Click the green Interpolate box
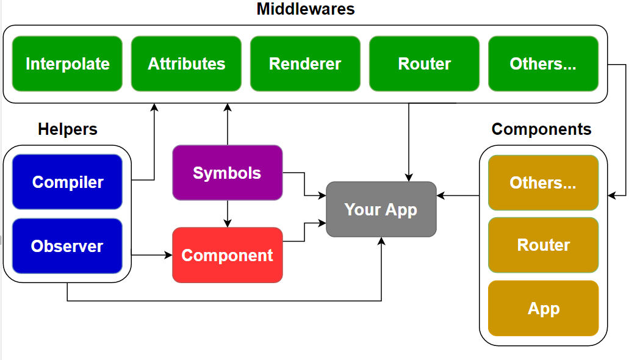[x=67, y=63]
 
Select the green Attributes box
[x=186, y=63]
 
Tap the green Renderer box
[x=305, y=63]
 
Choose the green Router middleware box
[x=424, y=63]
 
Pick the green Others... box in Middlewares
[x=543, y=63]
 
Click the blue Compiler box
[x=67, y=182]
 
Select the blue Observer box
[x=67, y=246]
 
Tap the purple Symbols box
[x=227, y=173]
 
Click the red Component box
[x=227, y=255]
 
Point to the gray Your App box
[x=381, y=209]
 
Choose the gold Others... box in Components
[x=543, y=182]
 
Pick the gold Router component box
[x=543, y=245]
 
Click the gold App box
[x=543, y=308]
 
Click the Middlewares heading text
[x=305, y=9]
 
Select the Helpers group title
[x=67, y=129]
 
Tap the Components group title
[x=541, y=129]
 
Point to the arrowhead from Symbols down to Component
[x=227, y=223]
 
